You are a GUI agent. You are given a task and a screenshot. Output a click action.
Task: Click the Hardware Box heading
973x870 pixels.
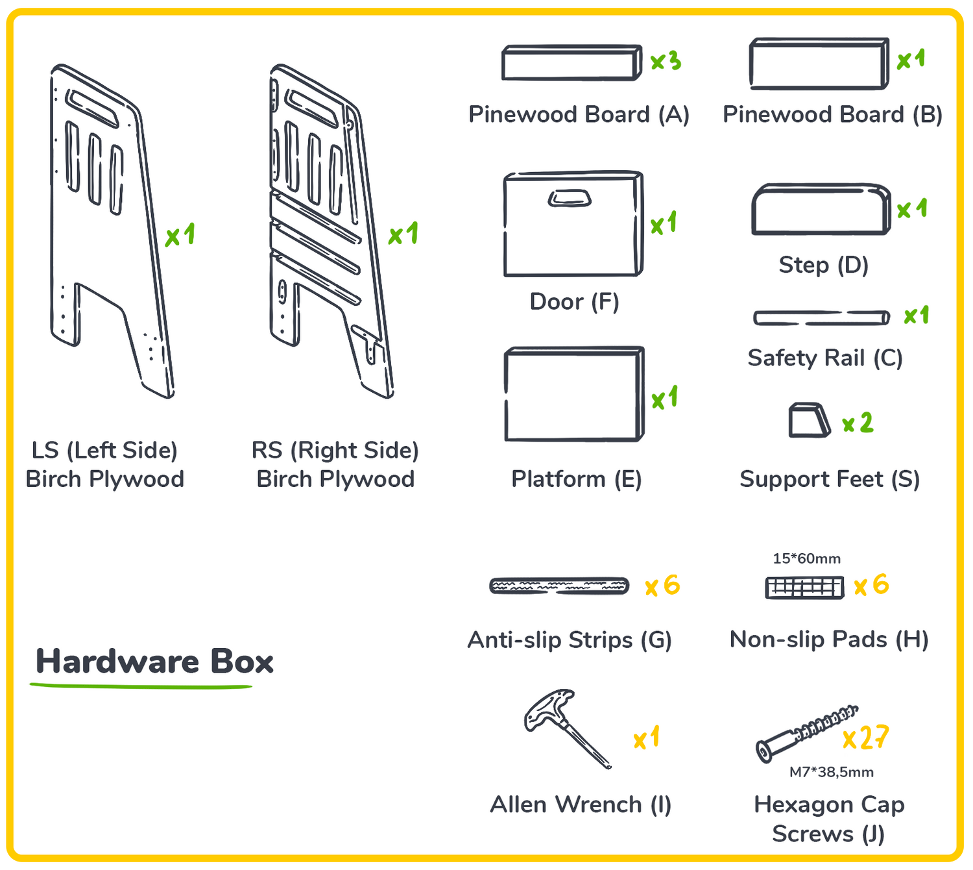pyautogui.click(x=154, y=662)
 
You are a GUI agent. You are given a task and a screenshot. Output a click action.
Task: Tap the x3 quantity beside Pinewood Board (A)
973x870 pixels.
pyautogui.click(x=666, y=60)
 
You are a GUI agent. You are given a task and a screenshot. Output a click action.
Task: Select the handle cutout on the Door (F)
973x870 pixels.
pyautogui.click(x=570, y=198)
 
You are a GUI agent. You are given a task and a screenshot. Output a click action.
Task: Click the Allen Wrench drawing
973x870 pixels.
pyautogui.click(x=567, y=728)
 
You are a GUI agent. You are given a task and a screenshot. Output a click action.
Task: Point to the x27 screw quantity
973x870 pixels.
pyautogui.click(x=866, y=738)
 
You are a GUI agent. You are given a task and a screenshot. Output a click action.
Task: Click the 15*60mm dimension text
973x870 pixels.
pyautogui.click(x=806, y=558)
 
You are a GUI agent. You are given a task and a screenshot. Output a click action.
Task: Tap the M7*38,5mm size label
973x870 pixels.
pyautogui.click(x=832, y=772)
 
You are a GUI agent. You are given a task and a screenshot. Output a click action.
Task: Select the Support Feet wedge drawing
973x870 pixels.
pyautogui.click(x=810, y=419)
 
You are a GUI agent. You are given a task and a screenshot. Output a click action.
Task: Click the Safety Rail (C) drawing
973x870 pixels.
pyautogui.click(x=821, y=317)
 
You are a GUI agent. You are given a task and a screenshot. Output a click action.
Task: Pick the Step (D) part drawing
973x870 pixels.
pyautogui.click(x=821, y=209)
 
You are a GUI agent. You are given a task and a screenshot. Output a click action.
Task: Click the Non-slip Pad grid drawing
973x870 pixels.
pyautogui.click(x=804, y=588)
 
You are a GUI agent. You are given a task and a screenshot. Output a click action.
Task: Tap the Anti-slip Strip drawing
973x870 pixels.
pyautogui.click(x=559, y=586)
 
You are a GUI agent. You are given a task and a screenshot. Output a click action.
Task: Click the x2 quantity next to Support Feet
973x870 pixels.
pyautogui.click(x=858, y=423)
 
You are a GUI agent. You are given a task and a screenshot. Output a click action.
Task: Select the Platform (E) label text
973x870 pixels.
pyautogui.click(x=576, y=479)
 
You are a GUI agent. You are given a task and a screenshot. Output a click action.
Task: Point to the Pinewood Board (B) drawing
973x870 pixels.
pyautogui.click(x=819, y=64)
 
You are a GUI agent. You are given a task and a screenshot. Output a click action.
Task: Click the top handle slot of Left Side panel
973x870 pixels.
pyautogui.click(x=92, y=108)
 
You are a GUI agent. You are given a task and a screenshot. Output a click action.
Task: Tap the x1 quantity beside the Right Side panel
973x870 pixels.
pyautogui.click(x=403, y=234)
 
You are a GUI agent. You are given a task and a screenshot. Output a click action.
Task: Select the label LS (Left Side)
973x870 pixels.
pyautogui.click(x=104, y=451)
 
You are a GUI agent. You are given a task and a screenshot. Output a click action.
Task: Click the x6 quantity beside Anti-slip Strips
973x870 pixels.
pyautogui.click(x=662, y=586)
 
